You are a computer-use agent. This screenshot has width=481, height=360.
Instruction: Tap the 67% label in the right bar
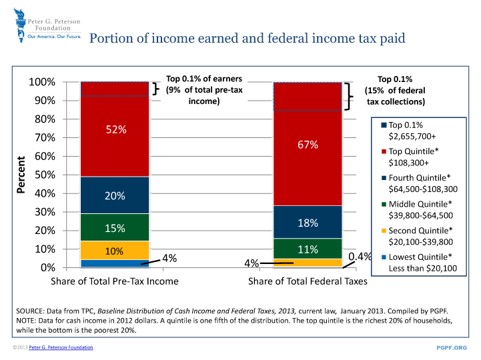pos(308,145)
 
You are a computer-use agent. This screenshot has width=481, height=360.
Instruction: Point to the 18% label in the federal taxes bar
pos(308,223)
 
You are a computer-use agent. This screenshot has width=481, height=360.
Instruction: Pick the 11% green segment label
pos(308,250)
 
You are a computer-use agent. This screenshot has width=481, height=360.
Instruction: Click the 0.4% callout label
pos(360,256)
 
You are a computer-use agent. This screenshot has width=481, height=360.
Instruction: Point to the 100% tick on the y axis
pos(42,83)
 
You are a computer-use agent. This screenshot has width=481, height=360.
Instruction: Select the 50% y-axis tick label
pos(45,175)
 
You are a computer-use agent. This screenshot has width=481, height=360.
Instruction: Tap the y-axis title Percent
pos(21,175)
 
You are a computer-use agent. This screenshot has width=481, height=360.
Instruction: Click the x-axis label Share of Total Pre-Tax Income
pos(115,281)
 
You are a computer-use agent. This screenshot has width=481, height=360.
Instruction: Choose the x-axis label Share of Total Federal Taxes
pos(308,281)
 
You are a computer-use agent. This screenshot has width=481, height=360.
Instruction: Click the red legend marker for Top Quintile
pos(383,151)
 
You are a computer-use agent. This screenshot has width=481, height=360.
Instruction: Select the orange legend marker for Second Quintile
pos(383,230)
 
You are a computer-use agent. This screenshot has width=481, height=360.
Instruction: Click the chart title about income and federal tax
pos(247,38)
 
